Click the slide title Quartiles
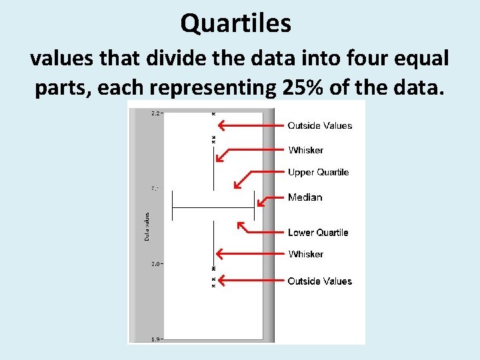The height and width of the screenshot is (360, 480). pyautogui.click(x=236, y=24)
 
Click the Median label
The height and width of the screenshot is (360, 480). pyautogui.click(x=305, y=197)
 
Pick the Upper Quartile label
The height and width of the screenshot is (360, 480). pyautogui.click(x=318, y=172)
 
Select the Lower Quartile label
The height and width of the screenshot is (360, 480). pyautogui.click(x=318, y=233)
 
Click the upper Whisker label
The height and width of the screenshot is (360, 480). pyautogui.click(x=305, y=150)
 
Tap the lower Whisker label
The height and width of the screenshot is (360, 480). pyautogui.click(x=305, y=254)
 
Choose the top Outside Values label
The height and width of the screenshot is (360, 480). pyautogui.click(x=319, y=125)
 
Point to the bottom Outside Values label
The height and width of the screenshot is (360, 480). pyautogui.click(x=319, y=281)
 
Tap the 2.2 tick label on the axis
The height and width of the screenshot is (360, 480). pyautogui.click(x=155, y=113)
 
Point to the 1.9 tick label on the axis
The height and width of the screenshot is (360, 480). pyautogui.click(x=155, y=339)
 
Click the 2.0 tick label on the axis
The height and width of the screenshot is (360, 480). pyautogui.click(x=155, y=264)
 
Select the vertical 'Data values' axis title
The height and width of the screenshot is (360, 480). pyautogui.click(x=147, y=227)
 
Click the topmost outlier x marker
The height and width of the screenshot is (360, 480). pyautogui.click(x=213, y=114)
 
